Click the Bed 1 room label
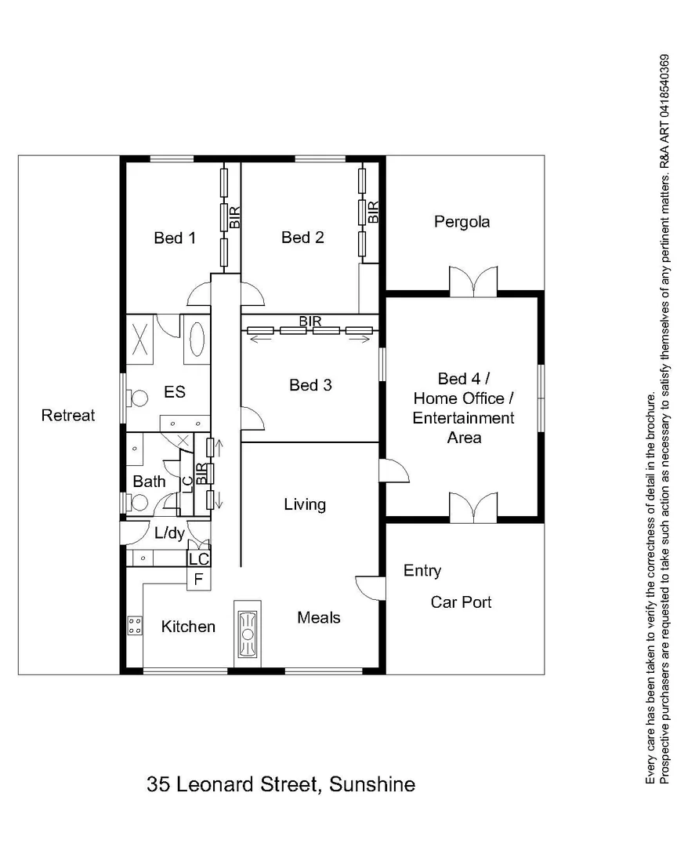tap(174, 238)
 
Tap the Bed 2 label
tap(302, 237)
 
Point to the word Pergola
tap(462, 222)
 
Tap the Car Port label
tap(461, 602)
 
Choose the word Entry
tap(422, 571)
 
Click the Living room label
tap(305, 504)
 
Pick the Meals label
tap(319, 617)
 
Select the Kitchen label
tap(188, 627)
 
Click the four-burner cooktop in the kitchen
tap(134, 626)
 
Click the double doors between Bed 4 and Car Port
tap(472, 507)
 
